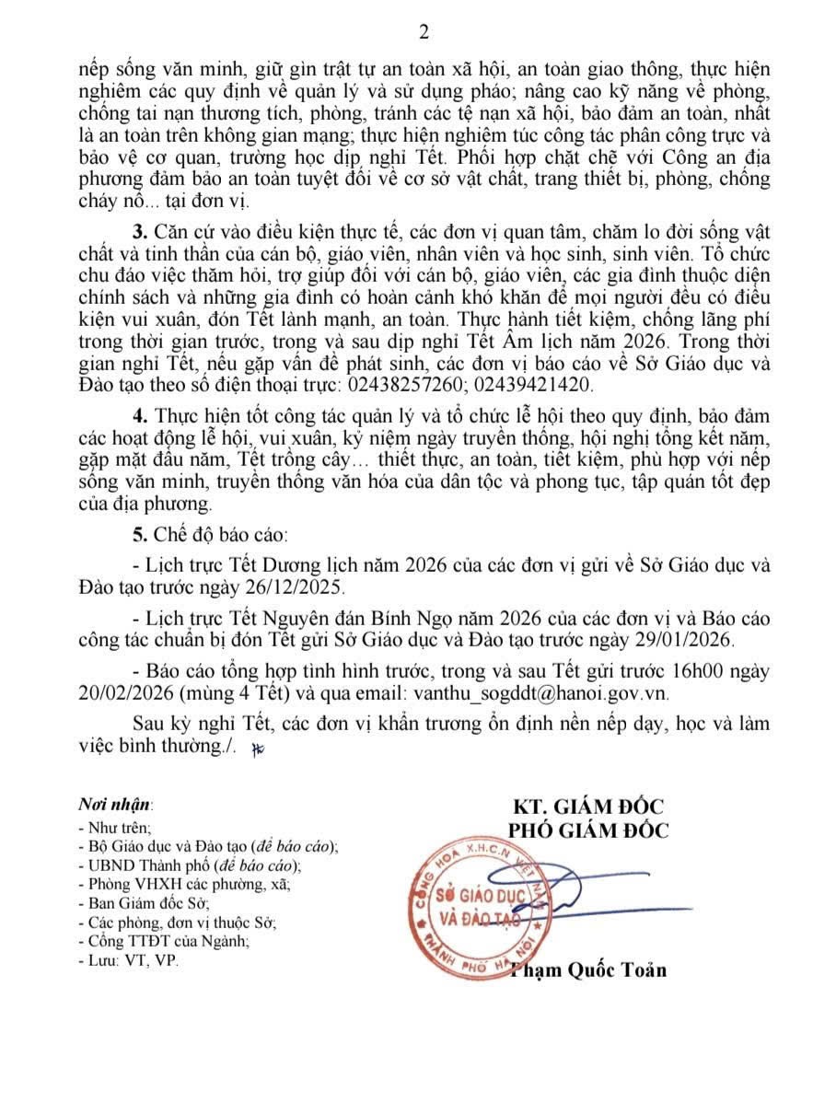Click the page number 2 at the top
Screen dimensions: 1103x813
click(x=424, y=32)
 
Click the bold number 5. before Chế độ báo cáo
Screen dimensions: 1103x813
click(x=139, y=534)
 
